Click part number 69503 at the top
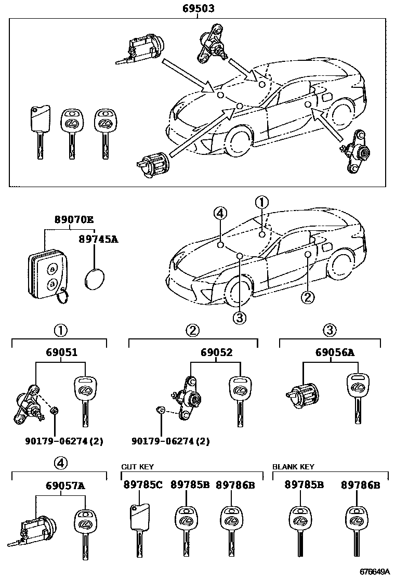tap(199, 8)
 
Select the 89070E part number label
tap(74, 220)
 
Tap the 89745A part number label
tap(99, 239)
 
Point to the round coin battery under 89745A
tap(94, 280)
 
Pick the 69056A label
tap(335, 352)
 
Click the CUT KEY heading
tap(137, 467)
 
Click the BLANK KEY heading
tap(293, 467)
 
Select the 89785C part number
tap(143, 484)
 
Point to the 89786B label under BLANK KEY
tap(361, 484)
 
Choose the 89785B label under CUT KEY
tap(190, 484)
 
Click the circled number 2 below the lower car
tap(308, 297)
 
